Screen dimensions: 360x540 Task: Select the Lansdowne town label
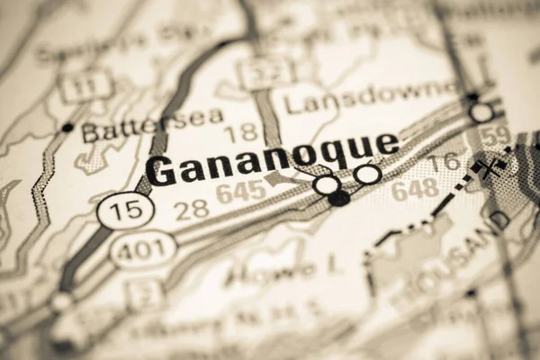(x=370, y=98)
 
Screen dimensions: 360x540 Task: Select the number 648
(x=415, y=189)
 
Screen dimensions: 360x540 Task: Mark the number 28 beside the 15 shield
(x=192, y=209)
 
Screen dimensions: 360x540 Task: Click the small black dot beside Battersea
(x=67, y=128)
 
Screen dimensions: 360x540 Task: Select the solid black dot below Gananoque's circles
(x=338, y=199)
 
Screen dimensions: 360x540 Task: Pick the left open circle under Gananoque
(x=328, y=184)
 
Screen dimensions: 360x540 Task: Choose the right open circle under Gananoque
(x=366, y=175)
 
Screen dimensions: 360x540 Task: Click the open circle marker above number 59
(x=481, y=112)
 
